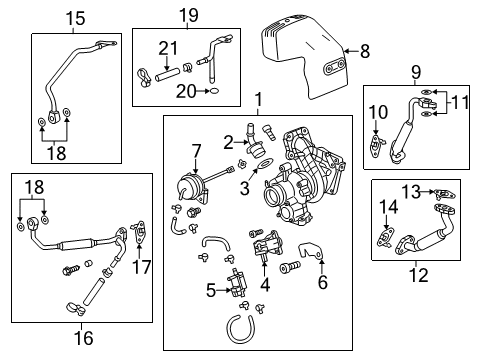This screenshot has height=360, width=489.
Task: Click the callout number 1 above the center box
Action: pos(258,101)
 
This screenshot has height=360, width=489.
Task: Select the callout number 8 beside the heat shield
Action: pos(364,49)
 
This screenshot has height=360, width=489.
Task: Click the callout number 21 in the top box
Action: pos(167,46)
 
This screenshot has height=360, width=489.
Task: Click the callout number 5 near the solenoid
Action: pos(211,292)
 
